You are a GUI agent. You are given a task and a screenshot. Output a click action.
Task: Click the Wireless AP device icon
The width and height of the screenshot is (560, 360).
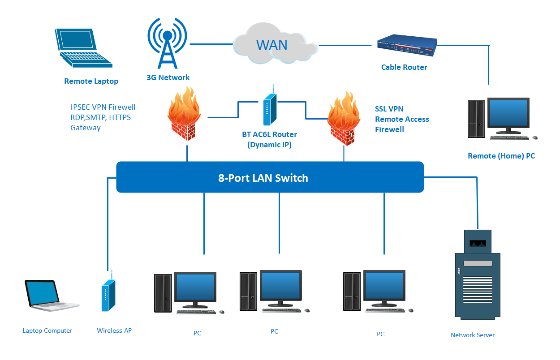point(106,296)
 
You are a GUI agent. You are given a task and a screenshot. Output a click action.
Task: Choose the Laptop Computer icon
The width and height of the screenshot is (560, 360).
point(44,296)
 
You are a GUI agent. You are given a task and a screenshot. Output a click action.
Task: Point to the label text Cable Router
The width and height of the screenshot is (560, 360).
point(404,67)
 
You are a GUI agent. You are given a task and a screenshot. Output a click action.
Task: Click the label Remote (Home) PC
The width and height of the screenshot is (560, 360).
point(501,156)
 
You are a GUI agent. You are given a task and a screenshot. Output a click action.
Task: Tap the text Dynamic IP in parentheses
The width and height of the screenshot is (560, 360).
point(269,145)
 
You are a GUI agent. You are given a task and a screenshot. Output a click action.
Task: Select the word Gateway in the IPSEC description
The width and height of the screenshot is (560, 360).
point(86,128)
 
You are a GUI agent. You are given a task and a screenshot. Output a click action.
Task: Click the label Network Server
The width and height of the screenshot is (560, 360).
point(473,335)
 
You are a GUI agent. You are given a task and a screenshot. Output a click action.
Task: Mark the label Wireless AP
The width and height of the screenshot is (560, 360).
point(114,330)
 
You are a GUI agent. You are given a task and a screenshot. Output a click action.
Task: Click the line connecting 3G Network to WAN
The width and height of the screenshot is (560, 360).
point(211,44)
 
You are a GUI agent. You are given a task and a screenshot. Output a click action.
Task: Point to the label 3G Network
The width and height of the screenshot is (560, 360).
point(168,77)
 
